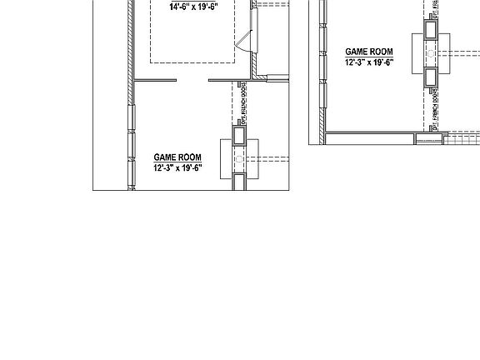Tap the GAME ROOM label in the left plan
click(177, 157)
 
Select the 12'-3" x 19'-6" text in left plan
click(177, 167)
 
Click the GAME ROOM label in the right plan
click(369, 52)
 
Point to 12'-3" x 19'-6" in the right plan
click(369, 62)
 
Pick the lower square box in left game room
click(239, 182)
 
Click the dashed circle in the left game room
click(239, 157)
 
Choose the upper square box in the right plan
click(431, 30)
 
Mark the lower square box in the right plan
click(431, 77)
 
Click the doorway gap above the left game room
click(181, 81)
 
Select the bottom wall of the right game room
click(375, 132)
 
